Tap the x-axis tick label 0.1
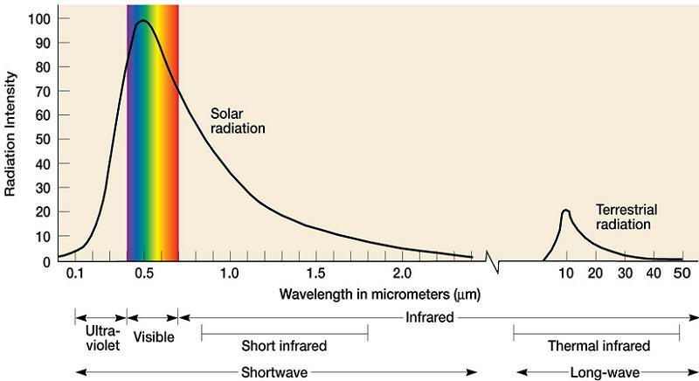point(75,274)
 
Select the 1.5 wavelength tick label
point(315,274)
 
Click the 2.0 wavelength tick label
point(401,274)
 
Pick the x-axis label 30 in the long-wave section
point(624,274)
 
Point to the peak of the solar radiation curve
point(142,21)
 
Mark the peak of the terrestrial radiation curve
point(566,211)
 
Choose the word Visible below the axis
point(153,336)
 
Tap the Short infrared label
point(284,346)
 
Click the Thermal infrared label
point(597,346)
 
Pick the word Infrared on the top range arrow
point(430,317)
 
